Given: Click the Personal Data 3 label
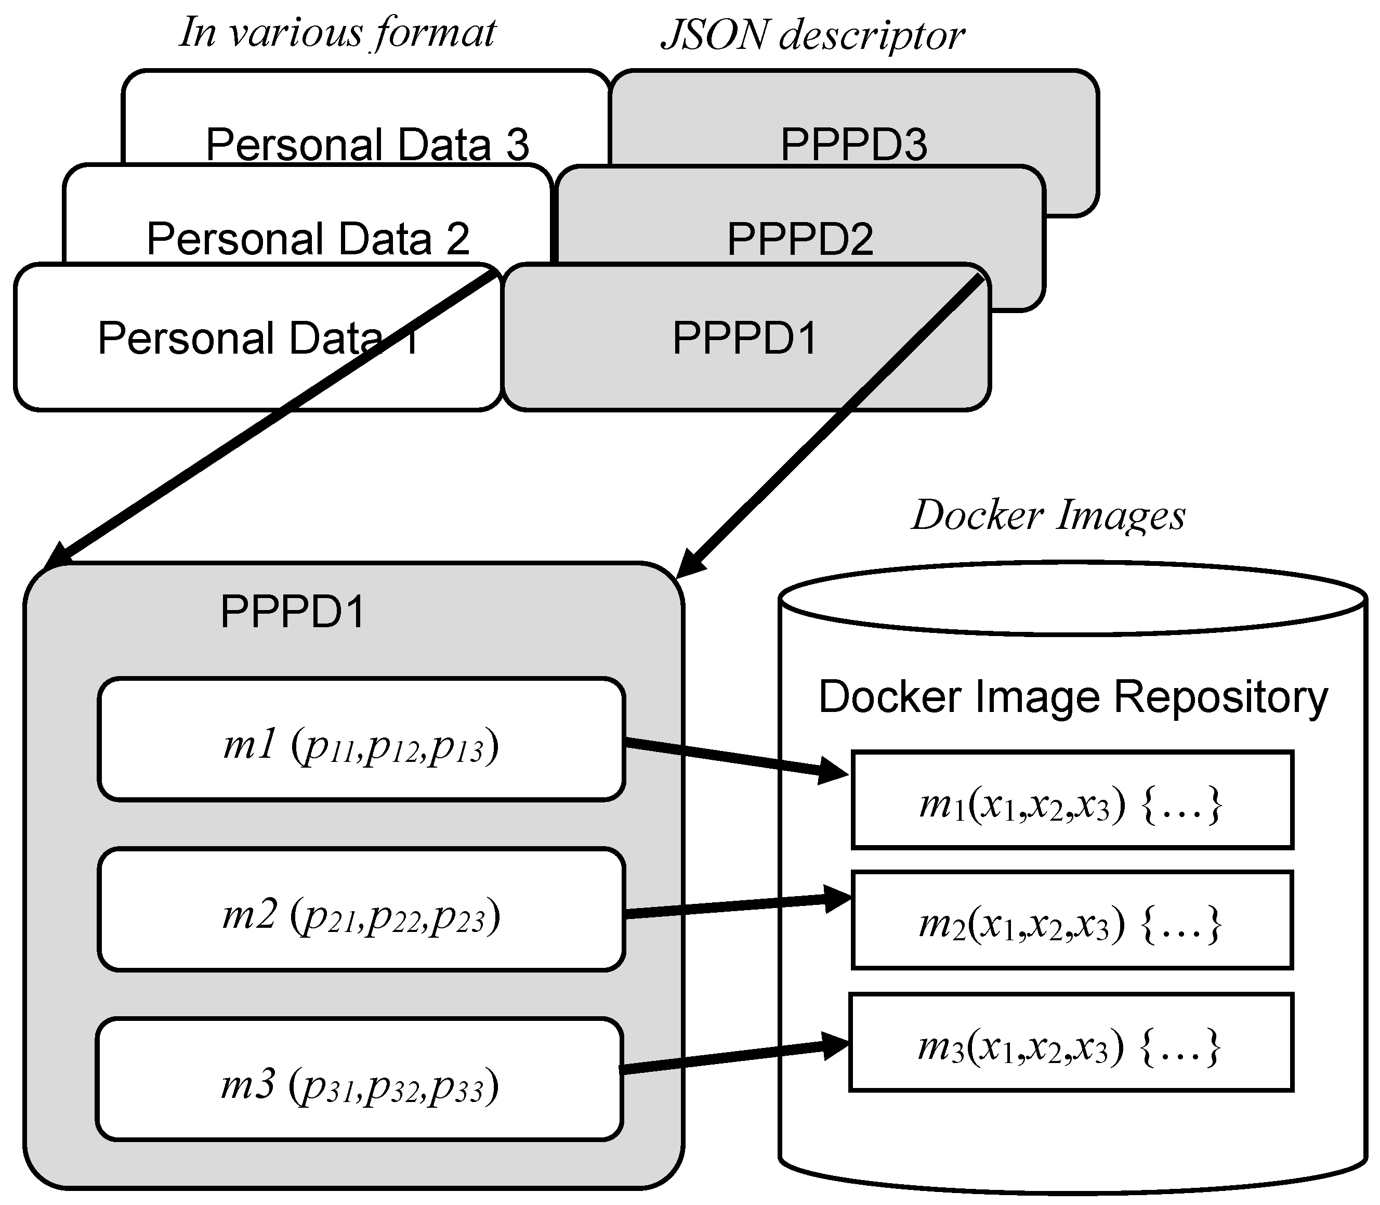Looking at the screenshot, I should (367, 144).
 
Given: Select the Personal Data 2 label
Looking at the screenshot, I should (307, 238).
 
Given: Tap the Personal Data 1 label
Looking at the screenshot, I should (259, 338).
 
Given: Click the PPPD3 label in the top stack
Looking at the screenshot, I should (853, 144).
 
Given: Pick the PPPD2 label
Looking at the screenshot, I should (800, 238).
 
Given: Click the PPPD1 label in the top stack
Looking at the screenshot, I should (745, 338).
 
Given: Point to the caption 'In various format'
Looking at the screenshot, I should (337, 32).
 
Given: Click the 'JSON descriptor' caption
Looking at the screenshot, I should (812, 35).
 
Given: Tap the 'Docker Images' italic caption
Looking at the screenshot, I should (1048, 516).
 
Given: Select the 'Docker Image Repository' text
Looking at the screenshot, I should (1073, 697).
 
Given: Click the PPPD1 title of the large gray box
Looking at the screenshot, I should (293, 612).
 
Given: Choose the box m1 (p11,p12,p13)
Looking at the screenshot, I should (361, 739).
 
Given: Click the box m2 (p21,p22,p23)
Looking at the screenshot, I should (361, 909).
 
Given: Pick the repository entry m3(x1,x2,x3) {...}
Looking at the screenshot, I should (1070, 1042).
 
